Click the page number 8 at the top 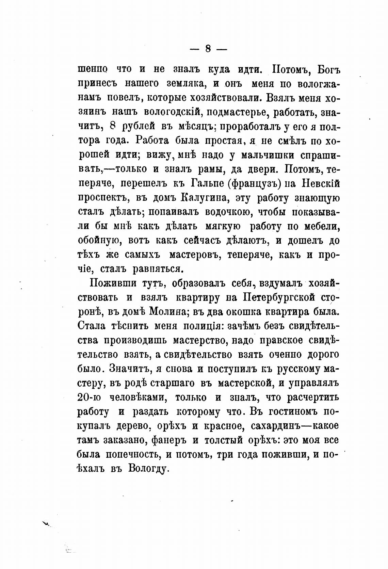coord(207,49)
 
